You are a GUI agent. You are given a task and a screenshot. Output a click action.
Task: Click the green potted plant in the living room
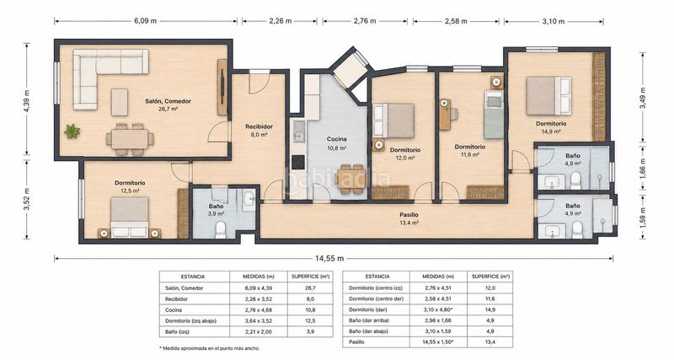[72, 132]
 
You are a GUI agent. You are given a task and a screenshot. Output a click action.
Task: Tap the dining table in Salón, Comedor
[130, 139]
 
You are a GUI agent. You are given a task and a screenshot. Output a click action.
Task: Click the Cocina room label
[336, 139]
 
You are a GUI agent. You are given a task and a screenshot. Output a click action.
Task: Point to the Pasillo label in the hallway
[409, 215]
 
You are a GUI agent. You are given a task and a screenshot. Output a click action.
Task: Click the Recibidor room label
[259, 126]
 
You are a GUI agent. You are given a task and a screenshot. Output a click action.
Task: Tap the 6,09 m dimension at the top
[145, 20]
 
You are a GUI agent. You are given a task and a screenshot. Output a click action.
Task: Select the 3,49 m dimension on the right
[643, 98]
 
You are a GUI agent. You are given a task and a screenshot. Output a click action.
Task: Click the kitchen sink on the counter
[298, 132]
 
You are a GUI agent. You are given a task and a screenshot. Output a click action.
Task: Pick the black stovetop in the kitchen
[298, 162]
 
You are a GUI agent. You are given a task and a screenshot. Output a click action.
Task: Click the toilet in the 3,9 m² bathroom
[221, 229]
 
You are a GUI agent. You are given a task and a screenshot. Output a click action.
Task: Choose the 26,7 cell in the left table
[310, 287]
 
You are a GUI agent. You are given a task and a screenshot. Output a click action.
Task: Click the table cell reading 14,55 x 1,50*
[438, 342]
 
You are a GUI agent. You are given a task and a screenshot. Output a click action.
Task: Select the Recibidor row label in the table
[176, 299]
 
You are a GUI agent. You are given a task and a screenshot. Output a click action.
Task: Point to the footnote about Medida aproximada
[209, 348]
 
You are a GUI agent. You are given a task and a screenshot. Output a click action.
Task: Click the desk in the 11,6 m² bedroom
[445, 115]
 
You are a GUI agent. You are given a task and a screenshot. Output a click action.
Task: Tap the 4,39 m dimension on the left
[27, 100]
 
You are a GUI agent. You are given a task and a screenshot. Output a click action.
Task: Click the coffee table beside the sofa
[120, 102]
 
